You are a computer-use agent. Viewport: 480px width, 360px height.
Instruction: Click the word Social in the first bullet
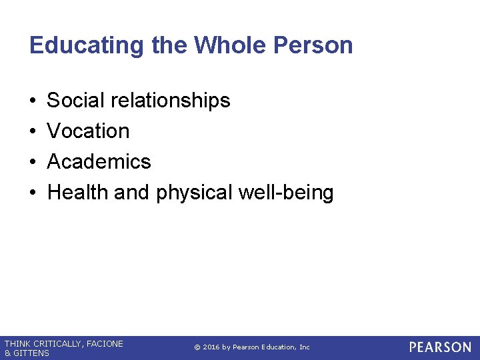coord(76,101)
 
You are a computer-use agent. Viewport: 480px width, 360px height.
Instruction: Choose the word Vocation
coord(89,131)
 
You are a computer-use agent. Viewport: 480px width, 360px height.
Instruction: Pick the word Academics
coord(99,162)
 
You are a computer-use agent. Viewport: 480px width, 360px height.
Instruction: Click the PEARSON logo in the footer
coord(440,347)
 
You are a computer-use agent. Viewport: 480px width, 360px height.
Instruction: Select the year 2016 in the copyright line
coord(210,347)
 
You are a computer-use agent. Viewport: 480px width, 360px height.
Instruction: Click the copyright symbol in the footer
coord(197,347)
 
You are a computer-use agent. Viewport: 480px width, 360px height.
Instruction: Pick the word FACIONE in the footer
coord(105,344)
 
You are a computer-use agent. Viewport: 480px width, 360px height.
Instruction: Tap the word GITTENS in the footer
coord(31,353)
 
